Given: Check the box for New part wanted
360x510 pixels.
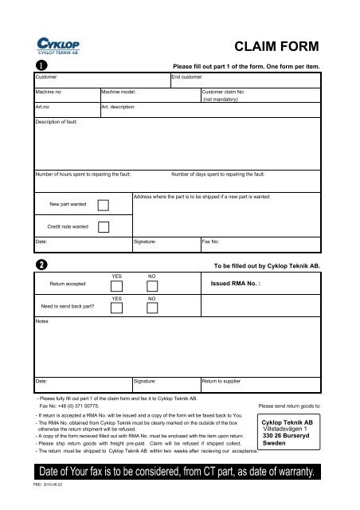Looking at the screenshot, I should pos(103,205).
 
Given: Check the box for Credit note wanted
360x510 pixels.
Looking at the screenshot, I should pos(103,226).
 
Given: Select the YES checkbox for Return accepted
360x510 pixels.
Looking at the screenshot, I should pos(118,288).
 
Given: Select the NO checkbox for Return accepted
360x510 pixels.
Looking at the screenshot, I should pos(152,288).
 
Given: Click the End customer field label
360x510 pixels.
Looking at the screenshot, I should pos(190,78).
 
